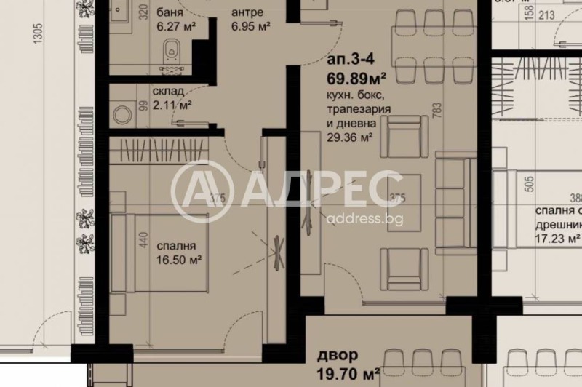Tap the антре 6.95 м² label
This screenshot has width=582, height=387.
(x=251, y=20)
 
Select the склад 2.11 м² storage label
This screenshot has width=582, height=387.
(x=172, y=98)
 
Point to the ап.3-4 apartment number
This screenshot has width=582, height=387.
(x=347, y=62)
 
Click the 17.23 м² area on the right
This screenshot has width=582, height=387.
(x=557, y=238)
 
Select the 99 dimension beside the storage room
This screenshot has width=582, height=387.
(x=144, y=107)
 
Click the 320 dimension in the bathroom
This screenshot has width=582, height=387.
(x=144, y=12)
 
